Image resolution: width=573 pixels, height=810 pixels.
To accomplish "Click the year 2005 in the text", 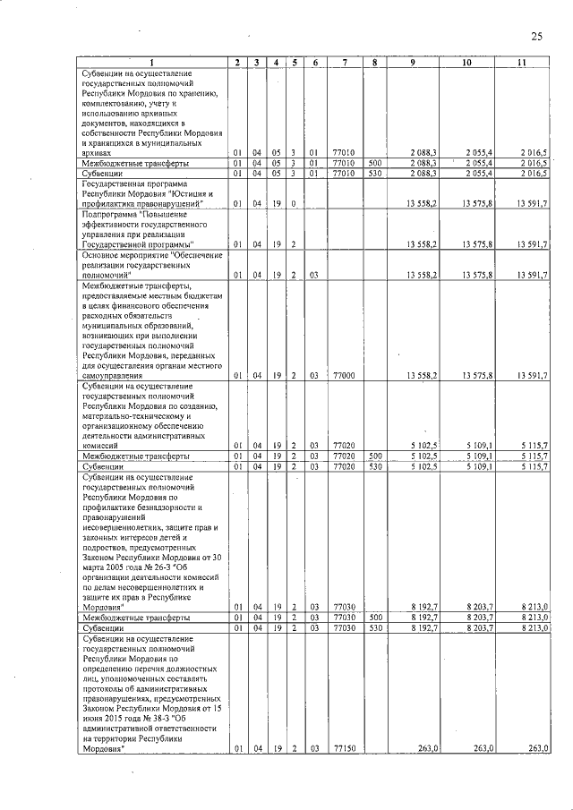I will tap(119, 568).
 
